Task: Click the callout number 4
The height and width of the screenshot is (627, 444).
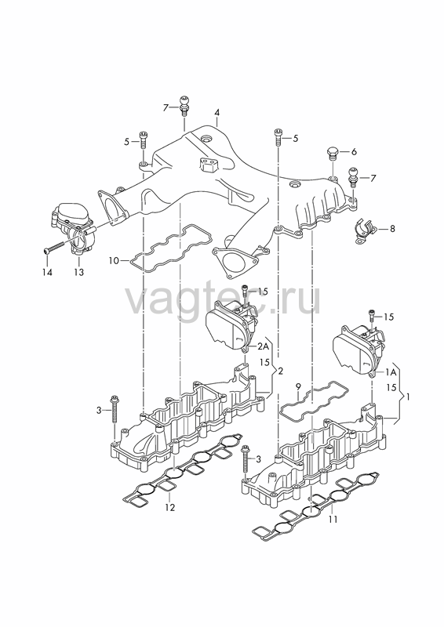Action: pyautogui.click(x=217, y=112)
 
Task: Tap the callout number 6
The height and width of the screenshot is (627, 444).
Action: pyautogui.click(x=354, y=152)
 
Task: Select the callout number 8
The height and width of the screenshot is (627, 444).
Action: pyautogui.click(x=392, y=229)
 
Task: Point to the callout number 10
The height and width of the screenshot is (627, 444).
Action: pyautogui.click(x=114, y=261)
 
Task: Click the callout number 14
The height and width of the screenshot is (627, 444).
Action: pyautogui.click(x=47, y=272)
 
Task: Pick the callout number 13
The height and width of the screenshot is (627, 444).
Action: pyautogui.click(x=79, y=272)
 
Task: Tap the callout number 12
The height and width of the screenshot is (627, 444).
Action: pyautogui.click(x=169, y=507)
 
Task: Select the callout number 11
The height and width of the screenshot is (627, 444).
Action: pyautogui.click(x=333, y=520)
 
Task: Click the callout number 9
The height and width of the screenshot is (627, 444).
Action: pyautogui.click(x=298, y=386)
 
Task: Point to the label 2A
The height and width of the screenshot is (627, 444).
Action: pyautogui.click(x=263, y=346)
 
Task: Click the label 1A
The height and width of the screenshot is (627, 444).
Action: pyautogui.click(x=391, y=372)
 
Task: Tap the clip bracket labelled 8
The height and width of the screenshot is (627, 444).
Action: pyautogui.click(x=365, y=231)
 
